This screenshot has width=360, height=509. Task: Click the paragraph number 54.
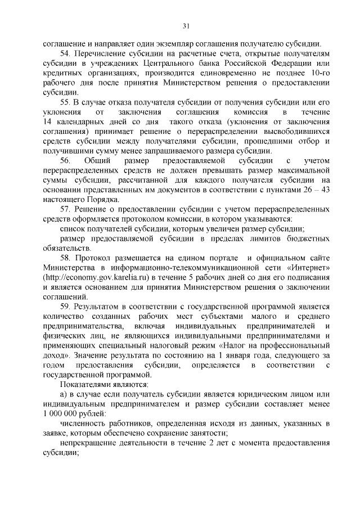click(65, 53)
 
